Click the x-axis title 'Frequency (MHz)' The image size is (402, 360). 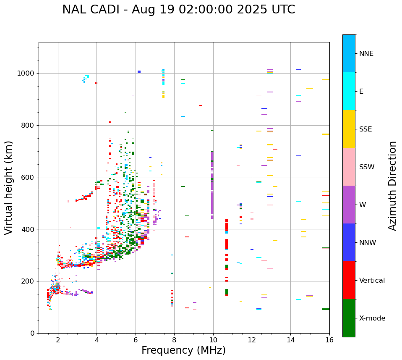pyautogui.click(x=183, y=350)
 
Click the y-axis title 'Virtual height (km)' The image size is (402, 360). pyautogui.click(x=9, y=188)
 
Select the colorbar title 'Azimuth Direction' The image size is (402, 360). pyautogui.click(x=392, y=186)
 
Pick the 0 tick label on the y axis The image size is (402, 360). pyautogui.click(x=33, y=333)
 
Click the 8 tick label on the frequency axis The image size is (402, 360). pyautogui.click(x=174, y=340)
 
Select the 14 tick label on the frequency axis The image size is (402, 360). pyautogui.click(x=290, y=340)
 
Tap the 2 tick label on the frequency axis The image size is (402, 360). pyautogui.click(x=58, y=340)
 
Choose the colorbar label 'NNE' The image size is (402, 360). pyautogui.click(x=366, y=54)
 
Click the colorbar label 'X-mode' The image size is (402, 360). pyautogui.click(x=372, y=318)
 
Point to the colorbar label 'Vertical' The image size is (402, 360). pyautogui.click(x=372, y=281)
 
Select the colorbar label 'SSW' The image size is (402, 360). pyautogui.click(x=367, y=167)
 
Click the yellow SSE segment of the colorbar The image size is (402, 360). pyautogui.click(x=349, y=129)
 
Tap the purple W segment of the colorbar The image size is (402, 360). pyautogui.click(x=349, y=205)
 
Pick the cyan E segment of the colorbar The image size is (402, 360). pyautogui.click(x=349, y=91)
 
